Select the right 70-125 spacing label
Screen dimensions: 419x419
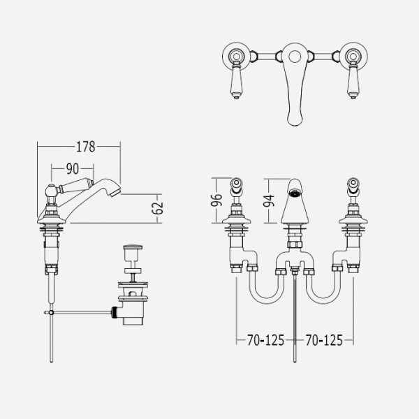(x=324, y=341)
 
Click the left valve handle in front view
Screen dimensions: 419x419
(x=237, y=187)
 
